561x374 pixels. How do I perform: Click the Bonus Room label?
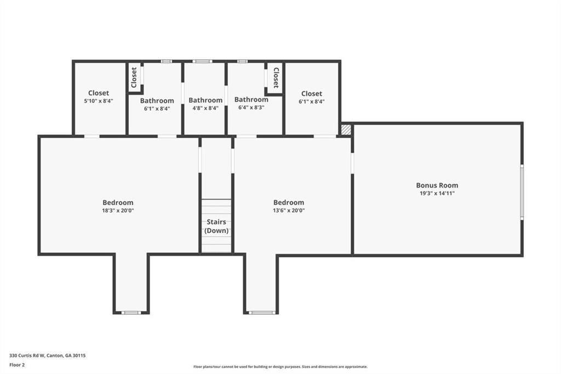(437, 185)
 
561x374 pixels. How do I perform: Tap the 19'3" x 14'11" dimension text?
(437, 194)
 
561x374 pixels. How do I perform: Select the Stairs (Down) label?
(216, 226)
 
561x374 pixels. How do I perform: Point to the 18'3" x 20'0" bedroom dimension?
(118, 211)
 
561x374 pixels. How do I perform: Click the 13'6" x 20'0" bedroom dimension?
(288, 211)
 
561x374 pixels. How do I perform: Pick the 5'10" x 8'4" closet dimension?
(99, 101)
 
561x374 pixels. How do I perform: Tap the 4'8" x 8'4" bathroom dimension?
(205, 108)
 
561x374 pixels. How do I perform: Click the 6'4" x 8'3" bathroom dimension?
(251, 107)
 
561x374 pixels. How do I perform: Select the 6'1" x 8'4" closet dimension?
(312, 101)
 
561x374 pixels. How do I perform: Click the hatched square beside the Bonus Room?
(346, 129)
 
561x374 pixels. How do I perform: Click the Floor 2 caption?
(17, 365)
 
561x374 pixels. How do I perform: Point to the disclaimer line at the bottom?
(280, 366)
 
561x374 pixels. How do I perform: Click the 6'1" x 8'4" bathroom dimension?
(157, 109)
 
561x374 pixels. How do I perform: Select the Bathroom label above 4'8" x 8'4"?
(205, 100)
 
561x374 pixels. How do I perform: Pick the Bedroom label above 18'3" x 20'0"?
(118, 202)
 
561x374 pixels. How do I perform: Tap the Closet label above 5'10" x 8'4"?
(99, 93)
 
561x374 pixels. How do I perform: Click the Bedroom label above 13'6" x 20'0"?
(288, 202)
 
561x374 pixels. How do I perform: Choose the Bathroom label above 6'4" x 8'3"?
(251, 99)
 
